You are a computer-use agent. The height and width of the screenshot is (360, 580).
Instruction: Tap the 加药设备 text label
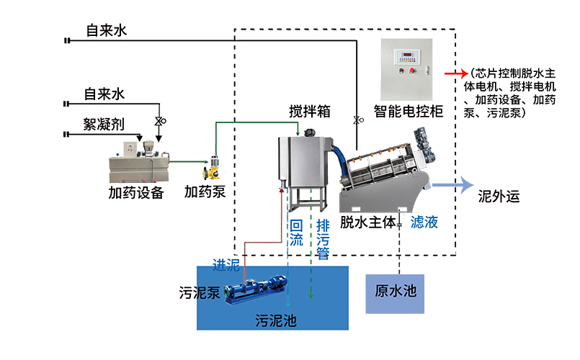(x=136, y=193)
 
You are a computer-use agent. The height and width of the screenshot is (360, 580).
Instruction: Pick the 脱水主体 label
(x=368, y=222)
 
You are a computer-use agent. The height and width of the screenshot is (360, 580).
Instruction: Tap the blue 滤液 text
(x=424, y=222)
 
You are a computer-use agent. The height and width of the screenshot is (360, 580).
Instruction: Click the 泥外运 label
(x=499, y=196)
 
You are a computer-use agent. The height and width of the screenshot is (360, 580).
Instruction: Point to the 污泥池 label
(x=276, y=320)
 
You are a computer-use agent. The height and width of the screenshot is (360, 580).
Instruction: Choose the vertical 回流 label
(x=296, y=233)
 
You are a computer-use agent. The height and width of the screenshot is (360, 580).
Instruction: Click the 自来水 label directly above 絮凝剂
(x=104, y=94)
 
